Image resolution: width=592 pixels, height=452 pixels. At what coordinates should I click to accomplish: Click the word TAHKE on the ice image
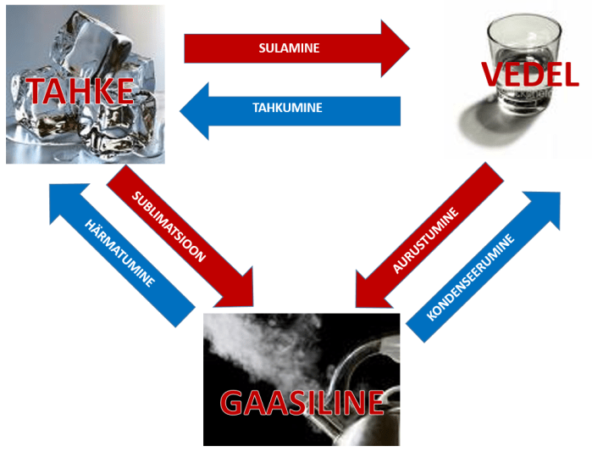tap(81, 89)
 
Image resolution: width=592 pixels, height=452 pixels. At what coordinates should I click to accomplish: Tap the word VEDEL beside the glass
tap(529, 75)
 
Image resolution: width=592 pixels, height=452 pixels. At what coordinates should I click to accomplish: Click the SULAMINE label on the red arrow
tap(289, 48)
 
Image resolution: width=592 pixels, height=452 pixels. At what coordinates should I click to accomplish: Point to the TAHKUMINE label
tap(288, 109)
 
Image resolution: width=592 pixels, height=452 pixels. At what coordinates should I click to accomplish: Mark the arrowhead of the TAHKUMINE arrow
tap(194, 109)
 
